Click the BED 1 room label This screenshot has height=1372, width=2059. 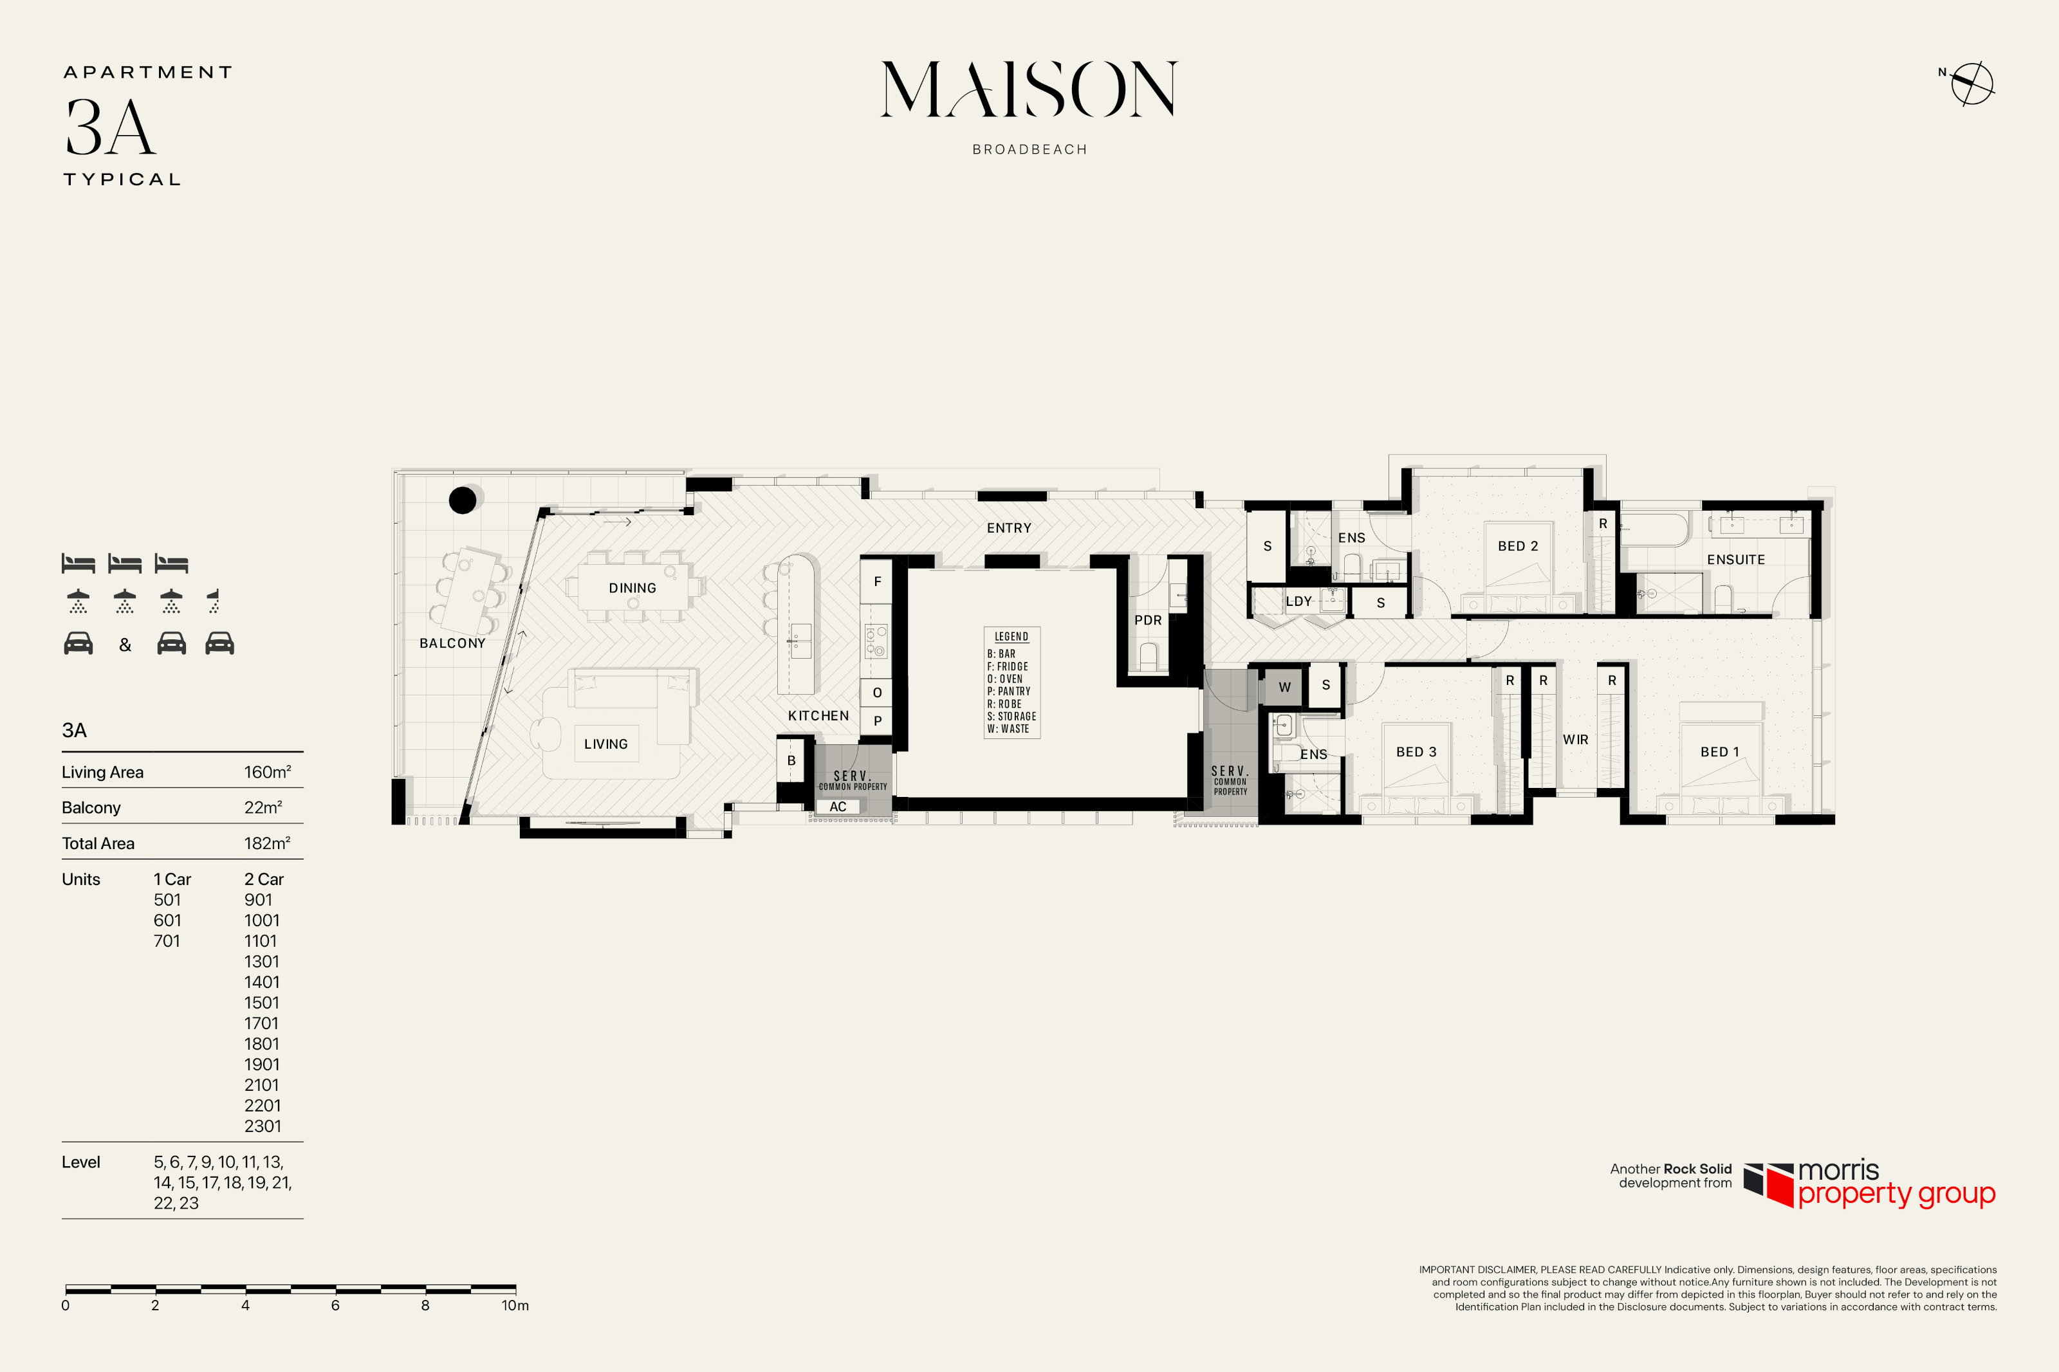pos(1719,752)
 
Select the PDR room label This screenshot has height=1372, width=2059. pos(1148,620)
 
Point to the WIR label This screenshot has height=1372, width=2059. pos(1575,739)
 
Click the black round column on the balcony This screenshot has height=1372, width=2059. pos(462,500)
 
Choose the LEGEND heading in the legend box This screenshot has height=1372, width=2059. pos(1011,636)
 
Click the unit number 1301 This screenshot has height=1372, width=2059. pos(262,961)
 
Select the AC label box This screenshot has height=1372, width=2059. pos(837,807)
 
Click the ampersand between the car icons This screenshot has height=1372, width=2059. pos(125,645)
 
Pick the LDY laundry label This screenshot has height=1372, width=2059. pos(1298,601)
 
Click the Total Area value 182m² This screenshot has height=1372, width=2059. pos(267,843)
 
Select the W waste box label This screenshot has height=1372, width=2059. pos(1284,687)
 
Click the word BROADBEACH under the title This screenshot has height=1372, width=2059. pos(1030,150)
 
